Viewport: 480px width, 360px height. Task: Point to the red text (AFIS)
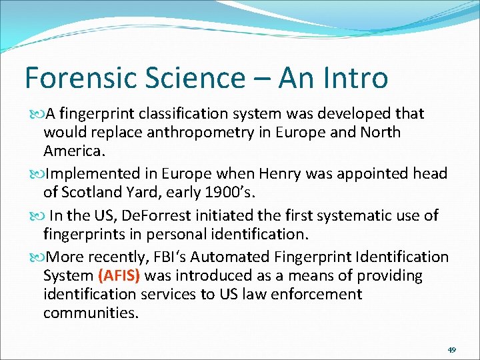[x=119, y=276]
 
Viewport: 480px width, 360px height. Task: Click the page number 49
[x=451, y=349]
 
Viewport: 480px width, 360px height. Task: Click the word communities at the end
[x=91, y=313]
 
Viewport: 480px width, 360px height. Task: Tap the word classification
[x=177, y=114]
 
